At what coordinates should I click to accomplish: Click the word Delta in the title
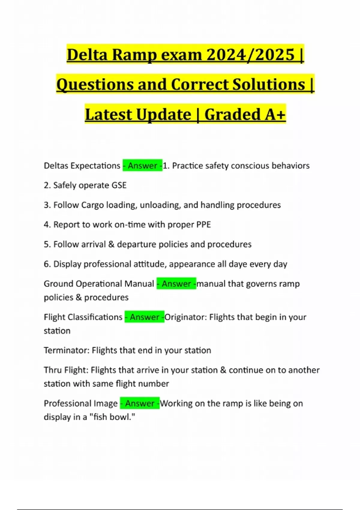pyautogui.click(x=87, y=55)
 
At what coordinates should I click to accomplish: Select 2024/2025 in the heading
pyautogui.click(x=250, y=55)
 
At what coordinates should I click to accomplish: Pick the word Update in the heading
pyautogui.click(x=163, y=115)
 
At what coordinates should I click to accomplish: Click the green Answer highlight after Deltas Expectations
pyautogui.click(x=142, y=166)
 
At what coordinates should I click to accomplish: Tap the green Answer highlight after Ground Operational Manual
pyautogui.click(x=176, y=284)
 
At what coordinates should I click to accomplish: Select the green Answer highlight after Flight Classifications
pyautogui.click(x=144, y=317)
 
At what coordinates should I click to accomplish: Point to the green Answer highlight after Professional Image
pyautogui.click(x=140, y=403)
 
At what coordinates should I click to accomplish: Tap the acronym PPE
pyautogui.click(x=203, y=225)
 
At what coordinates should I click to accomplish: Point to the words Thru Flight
pyautogui.click(x=66, y=370)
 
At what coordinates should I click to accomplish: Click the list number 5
pyautogui.click(x=46, y=244)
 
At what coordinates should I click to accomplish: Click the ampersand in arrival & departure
pyautogui.click(x=111, y=244)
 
